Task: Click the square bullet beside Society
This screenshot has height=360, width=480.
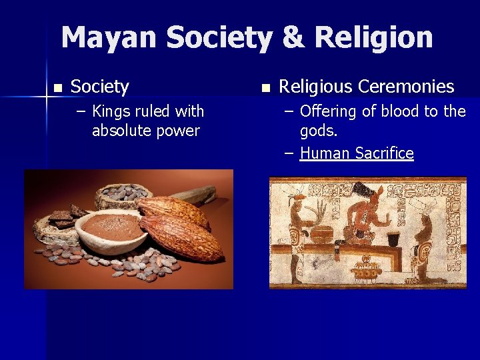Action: (x=58, y=87)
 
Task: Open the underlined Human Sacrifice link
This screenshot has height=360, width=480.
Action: (x=357, y=153)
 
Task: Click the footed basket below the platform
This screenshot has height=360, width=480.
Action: (x=366, y=270)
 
